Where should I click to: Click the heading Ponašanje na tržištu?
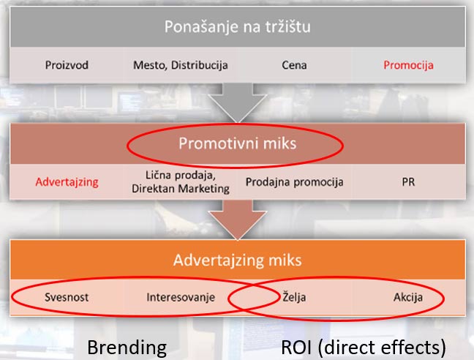pos(237,26)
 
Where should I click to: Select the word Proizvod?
pos(67,65)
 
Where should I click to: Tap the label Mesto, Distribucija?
pos(181,65)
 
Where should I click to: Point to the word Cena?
pos(294,65)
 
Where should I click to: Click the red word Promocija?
pos(408,65)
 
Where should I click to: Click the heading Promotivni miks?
pos(237,143)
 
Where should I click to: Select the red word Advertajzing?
pos(67,182)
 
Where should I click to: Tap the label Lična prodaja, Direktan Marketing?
pos(181,181)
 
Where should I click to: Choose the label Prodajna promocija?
pos(295,182)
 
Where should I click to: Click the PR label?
pos(408,182)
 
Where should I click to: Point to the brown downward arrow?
pos(238,219)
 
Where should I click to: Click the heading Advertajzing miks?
pos(237,260)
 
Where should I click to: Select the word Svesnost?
pos(67,297)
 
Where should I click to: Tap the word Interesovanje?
pos(181,297)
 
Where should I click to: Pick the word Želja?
pos(294,297)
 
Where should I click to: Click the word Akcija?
pos(408,297)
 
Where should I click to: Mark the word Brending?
pos(127,348)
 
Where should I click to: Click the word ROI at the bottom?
pos(296,347)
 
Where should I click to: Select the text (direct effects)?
pos(382,348)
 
